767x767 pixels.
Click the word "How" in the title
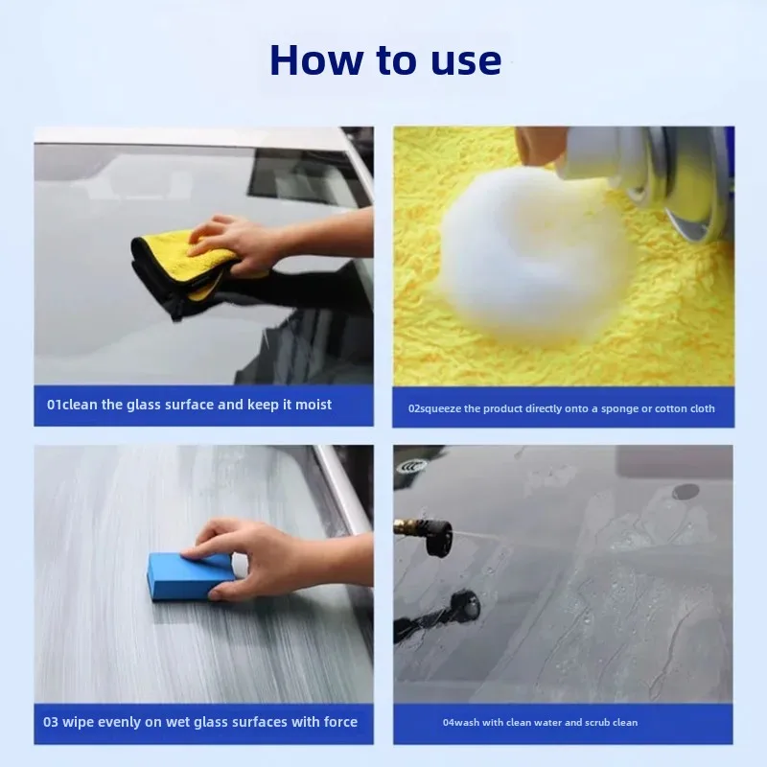(316, 60)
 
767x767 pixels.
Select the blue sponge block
(191, 576)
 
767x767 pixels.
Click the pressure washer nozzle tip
(439, 538)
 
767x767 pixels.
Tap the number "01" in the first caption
(55, 405)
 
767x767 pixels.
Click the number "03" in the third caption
(51, 722)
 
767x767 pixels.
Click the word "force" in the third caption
(340, 722)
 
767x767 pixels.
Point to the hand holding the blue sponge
(274, 558)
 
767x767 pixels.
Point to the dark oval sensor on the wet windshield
(686, 491)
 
